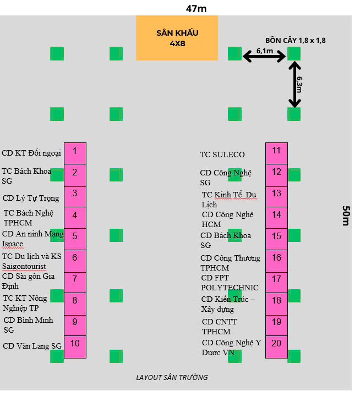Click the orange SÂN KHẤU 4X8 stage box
coord(177,38)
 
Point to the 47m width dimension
coord(197,8)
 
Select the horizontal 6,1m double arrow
coord(264,55)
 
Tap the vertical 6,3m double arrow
coord(295,84)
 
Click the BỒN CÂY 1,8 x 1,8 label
coord(295,40)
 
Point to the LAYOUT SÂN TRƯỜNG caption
coord(172,377)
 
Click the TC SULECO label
coord(222,155)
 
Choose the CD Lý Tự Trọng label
coord(31,198)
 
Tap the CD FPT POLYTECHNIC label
coord(229,283)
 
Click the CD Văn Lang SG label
coord(32,346)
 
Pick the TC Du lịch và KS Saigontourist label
coord(31,261)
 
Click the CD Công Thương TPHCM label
coord(230,262)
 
